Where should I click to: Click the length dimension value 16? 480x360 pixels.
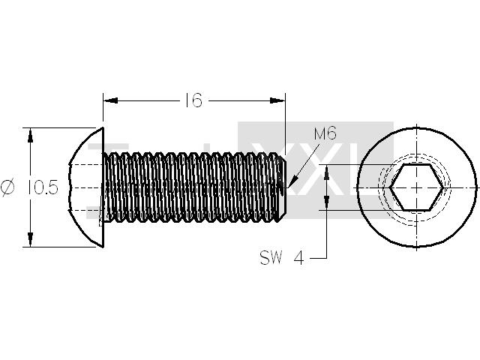pyautogui.click(x=193, y=100)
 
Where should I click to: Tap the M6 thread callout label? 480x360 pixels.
pyautogui.click(x=325, y=133)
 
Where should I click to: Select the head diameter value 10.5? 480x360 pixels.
pyautogui.click(x=43, y=187)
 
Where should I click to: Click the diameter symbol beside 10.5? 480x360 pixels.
pyautogui.click(x=7, y=187)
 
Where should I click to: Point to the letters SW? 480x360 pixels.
pyautogui.click(x=271, y=257)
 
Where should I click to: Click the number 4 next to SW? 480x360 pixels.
pyautogui.click(x=299, y=258)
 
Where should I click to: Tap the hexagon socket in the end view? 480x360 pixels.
pyautogui.click(x=417, y=187)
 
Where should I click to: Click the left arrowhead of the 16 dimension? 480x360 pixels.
pyautogui.click(x=110, y=100)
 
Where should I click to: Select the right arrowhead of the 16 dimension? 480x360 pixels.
pyautogui.click(x=277, y=100)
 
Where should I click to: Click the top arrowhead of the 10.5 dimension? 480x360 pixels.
pyautogui.click(x=30, y=135)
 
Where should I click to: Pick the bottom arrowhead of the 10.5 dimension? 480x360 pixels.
pyautogui.click(x=30, y=239)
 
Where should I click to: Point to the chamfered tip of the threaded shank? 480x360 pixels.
pyautogui.click(x=283, y=187)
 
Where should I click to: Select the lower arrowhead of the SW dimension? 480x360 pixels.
pyautogui.click(x=327, y=202)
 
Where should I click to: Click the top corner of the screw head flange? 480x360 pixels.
pyautogui.click(x=103, y=127)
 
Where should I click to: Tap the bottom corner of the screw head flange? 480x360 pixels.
pyautogui.click(x=103, y=247)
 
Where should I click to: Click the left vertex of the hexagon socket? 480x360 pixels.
pyautogui.click(x=390, y=187)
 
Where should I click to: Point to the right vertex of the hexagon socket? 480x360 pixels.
pyautogui.click(x=443, y=187)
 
